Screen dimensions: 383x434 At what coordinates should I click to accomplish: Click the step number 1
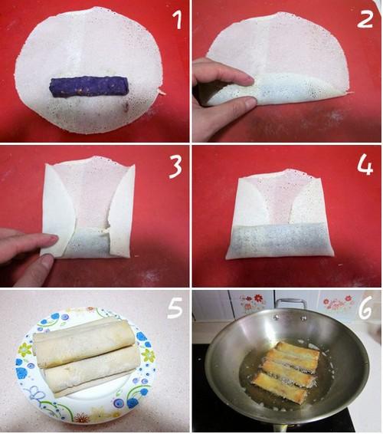point(177,20)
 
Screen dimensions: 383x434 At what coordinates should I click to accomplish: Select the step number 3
point(175,167)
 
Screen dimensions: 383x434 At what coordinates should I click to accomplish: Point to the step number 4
point(365,166)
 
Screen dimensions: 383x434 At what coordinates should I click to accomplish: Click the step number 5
point(175,307)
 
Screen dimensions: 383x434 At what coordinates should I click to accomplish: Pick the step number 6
point(365,310)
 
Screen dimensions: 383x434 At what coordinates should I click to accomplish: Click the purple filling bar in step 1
point(89,87)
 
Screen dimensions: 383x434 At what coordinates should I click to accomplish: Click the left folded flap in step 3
point(57,210)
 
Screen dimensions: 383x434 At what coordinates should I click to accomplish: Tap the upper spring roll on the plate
point(83,342)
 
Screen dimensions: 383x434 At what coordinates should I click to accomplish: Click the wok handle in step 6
point(290,304)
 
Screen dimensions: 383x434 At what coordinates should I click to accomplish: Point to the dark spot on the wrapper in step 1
point(126,107)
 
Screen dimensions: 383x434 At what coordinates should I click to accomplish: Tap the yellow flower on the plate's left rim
point(25,350)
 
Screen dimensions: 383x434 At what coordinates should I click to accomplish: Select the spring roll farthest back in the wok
point(299,350)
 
